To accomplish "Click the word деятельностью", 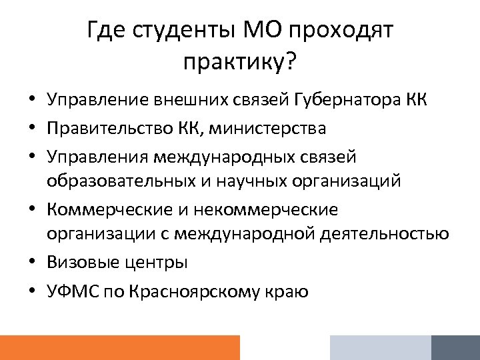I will click(385, 235).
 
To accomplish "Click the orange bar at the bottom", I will click(120, 347).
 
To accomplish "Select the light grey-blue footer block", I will click(380, 347).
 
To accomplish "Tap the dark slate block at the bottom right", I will click(455, 347).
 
